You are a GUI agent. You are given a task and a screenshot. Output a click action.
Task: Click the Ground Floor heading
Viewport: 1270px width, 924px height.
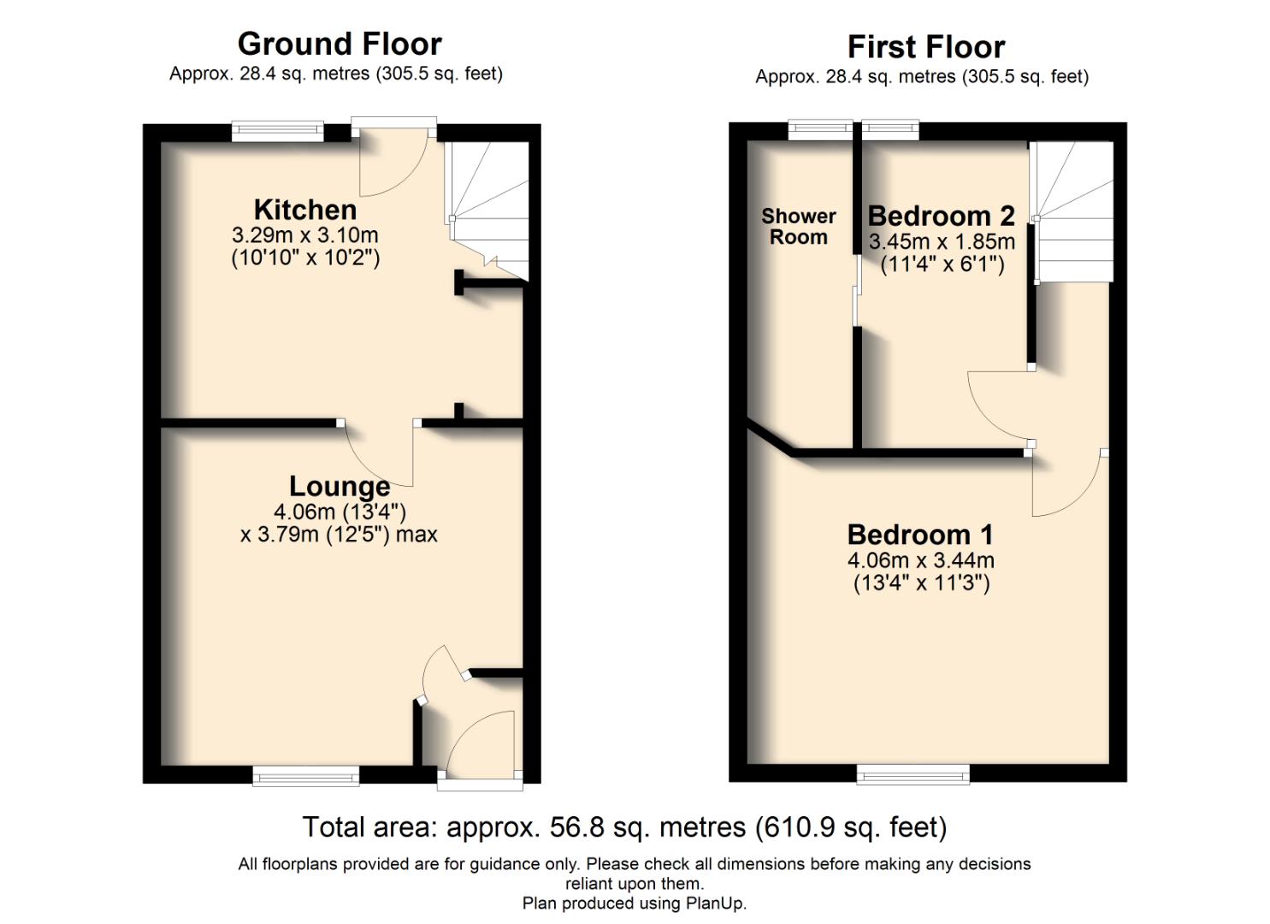pos(340,44)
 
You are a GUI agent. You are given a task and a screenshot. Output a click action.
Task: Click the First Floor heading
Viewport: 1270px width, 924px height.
pos(925,46)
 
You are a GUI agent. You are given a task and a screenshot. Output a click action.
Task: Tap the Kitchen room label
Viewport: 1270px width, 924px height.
pos(304,210)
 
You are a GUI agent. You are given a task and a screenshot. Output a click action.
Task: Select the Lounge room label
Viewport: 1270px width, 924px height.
pos(340,486)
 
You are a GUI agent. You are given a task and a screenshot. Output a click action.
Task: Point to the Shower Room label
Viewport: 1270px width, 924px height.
pos(798,227)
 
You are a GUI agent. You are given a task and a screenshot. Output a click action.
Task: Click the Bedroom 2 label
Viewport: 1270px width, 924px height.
pos(941,216)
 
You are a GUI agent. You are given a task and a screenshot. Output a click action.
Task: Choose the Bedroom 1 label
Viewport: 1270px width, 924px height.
pos(920,535)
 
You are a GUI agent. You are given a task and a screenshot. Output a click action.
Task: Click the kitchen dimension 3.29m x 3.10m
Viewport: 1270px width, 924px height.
pos(304,235)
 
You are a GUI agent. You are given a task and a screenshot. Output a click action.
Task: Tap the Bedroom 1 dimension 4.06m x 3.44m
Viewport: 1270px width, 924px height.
pos(920,561)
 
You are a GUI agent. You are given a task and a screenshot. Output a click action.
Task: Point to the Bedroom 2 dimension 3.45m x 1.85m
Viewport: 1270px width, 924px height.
pos(942,242)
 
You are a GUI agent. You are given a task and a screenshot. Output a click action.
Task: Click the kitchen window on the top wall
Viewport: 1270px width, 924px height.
pos(278,131)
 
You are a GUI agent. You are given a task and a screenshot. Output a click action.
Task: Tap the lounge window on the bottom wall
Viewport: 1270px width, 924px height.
pos(305,776)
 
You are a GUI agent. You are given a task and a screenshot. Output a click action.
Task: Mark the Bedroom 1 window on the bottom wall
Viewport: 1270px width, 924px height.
pos(913,775)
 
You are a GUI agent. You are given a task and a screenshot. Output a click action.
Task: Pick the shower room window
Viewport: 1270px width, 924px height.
pos(820,130)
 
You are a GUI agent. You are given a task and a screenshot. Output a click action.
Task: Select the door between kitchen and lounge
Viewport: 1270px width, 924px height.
pos(379,453)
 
